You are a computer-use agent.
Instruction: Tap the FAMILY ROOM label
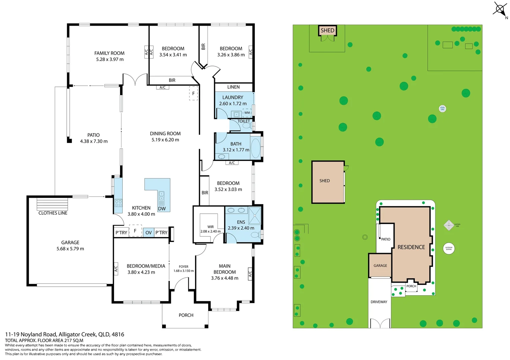point(109,53)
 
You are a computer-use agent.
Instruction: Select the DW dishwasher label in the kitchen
point(162,209)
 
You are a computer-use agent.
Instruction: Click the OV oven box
point(148,233)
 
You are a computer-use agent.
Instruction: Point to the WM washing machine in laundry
point(247,113)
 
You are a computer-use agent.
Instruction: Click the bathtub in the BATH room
point(256,148)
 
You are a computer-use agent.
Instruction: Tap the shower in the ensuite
point(255,216)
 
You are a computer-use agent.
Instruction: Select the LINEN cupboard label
point(233,87)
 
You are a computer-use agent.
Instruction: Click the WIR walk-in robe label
point(210,227)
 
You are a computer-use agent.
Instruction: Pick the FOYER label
point(183,267)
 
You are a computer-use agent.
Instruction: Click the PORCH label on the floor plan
point(186,315)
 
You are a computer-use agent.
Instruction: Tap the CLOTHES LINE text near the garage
point(53,213)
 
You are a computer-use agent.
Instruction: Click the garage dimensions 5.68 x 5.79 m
point(70,249)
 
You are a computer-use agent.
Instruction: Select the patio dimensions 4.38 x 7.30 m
point(94,141)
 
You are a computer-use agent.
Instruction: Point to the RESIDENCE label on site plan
point(411,247)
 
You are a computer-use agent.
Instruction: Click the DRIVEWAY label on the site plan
point(379,302)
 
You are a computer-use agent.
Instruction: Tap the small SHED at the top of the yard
point(327,31)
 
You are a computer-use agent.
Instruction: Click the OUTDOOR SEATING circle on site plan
point(449,248)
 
